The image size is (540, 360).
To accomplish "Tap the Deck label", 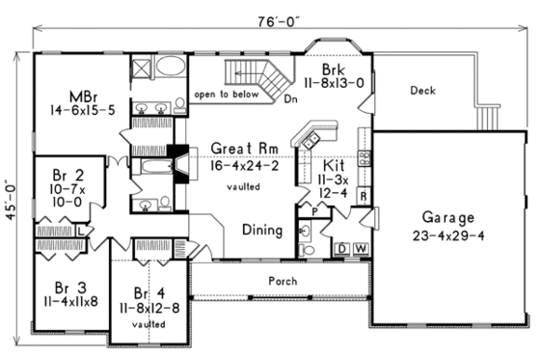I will click(x=422, y=92).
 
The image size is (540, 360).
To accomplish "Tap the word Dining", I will click(x=261, y=231).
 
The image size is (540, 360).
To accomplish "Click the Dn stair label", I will click(x=290, y=98).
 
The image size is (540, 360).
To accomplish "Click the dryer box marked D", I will click(x=341, y=249).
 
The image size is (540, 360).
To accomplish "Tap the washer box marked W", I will click(x=359, y=249).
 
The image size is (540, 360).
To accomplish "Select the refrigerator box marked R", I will click(x=362, y=196).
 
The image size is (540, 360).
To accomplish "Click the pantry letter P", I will click(x=314, y=208).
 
